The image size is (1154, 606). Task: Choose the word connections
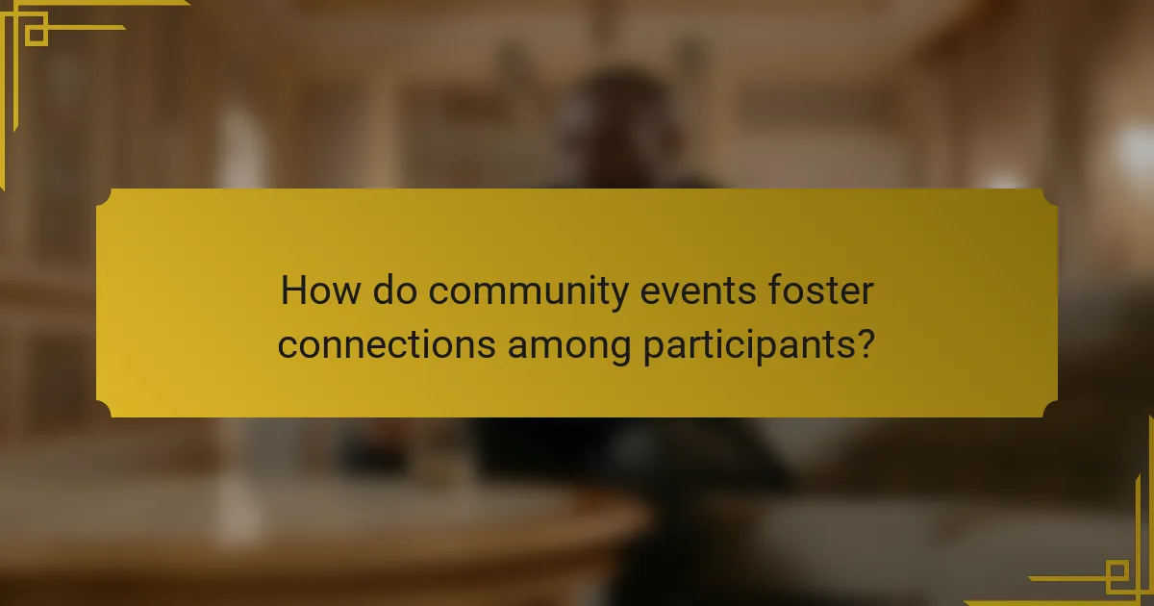click(385, 344)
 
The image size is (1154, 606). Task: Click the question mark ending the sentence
click(865, 344)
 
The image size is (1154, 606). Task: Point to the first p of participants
click(652, 348)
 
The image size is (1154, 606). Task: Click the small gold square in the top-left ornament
click(37, 35)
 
